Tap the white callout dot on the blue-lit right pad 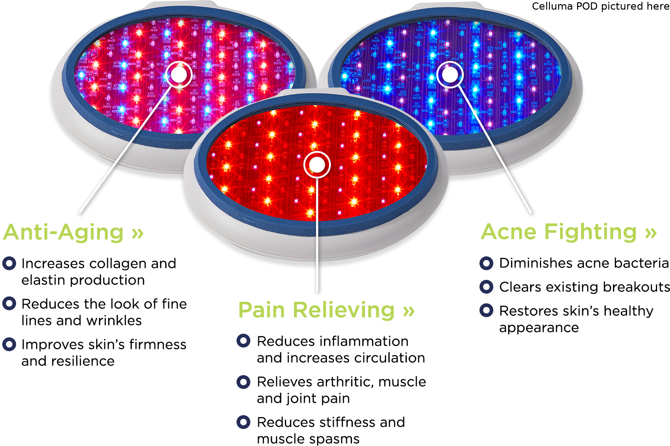pyautogui.click(x=449, y=74)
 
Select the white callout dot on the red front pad pyautogui.click(x=317, y=164)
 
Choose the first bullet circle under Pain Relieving pyautogui.click(x=243, y=341)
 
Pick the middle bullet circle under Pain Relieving pyautogui.click(x=243, y=382)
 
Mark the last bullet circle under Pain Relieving pyautogui.click(x=243, y=422)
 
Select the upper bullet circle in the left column pyautogui.click(x=9, y=303)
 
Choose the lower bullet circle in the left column pyautogui.click(x=9, y=344)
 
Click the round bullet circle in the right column pyautogui.click(x=486, y=310)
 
